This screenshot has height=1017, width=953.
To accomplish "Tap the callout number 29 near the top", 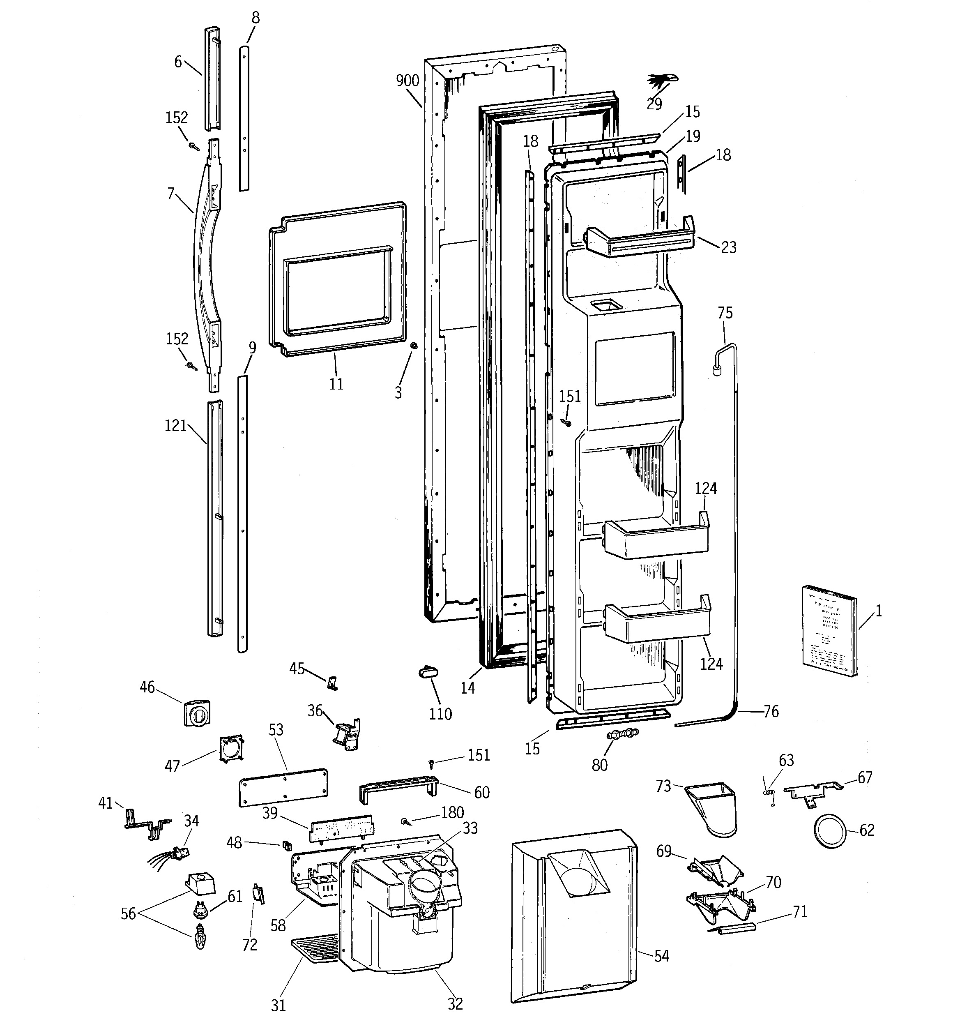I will (x=654, y=104).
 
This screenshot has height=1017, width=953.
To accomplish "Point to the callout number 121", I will (x=175, y=426).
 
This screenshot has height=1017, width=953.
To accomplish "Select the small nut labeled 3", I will (x=413, y=347).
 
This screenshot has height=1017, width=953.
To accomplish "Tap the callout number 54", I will (x=661, y=956).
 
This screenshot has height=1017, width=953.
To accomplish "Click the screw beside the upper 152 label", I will (x=194, y=147).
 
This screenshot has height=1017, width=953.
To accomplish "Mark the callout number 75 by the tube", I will (x=725, y=313).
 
